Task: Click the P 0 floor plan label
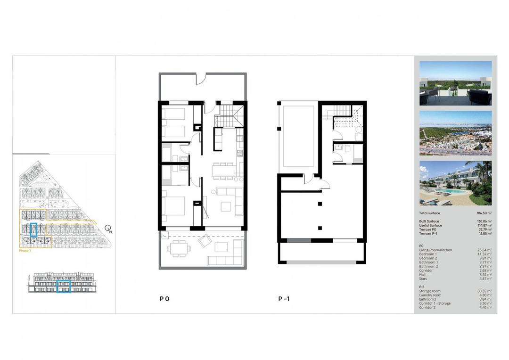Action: [x=164, y=299]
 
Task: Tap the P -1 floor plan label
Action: [x=284, y=299]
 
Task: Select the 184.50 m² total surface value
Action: [x=484, y=213]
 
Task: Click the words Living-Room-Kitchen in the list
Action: [x=435, y=250]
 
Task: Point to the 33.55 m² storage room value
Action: [x=484, y=291]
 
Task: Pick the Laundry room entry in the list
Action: [x=430, y=295]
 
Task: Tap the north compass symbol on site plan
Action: [x=108, y=229]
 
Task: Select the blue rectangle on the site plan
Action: [x=33, y=229]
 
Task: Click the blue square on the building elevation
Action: [x=64, y=286]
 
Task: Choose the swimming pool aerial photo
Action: [x=455, y=183]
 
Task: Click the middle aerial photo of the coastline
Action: [x=455, y=133]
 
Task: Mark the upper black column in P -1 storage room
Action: [x=320, y=204]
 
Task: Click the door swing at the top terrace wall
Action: [x=200, y=78]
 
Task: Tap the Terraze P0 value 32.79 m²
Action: [x=484, y=229]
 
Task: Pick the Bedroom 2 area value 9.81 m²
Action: [x=484, y=258]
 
